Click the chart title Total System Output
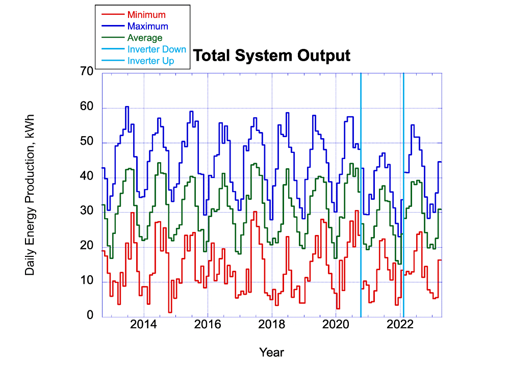272,56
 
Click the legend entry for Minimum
146,14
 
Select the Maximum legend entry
147,26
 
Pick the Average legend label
145,38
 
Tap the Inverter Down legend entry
157,49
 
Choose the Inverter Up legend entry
151,61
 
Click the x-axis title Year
271,352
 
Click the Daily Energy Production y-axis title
30,194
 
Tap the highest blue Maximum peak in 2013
126,107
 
